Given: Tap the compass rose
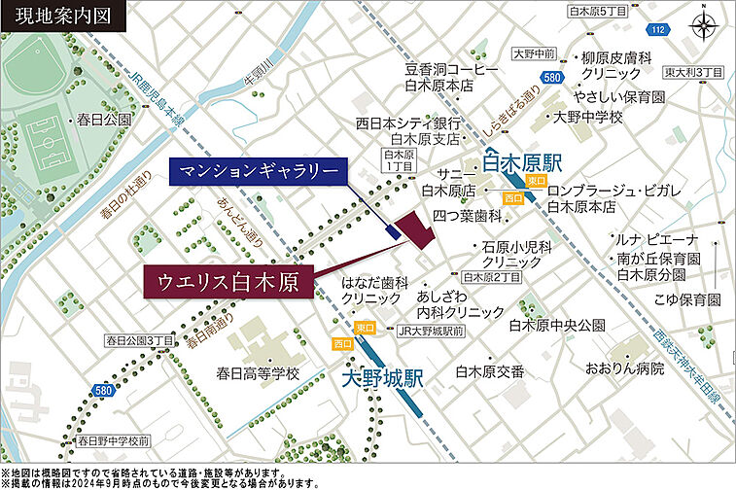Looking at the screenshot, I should click(x=703, y=26).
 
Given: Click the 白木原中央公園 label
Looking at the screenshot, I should click(x=556, y=325).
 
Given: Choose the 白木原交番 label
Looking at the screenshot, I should click(x=491, y=371).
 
